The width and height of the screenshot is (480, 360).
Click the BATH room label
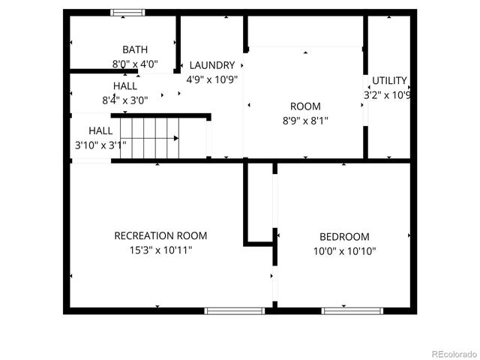coord(135,49)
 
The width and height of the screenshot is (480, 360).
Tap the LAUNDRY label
coord(211,65)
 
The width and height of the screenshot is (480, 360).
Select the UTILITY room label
coord(389,80)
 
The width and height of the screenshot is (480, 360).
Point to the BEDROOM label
coord(343,236)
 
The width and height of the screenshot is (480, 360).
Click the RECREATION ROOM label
coord(160,235)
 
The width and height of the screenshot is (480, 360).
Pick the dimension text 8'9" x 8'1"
coord(305,120)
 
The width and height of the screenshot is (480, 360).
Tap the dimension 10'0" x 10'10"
coord(343,251)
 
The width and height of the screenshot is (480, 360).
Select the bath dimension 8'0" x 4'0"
coord(135,64)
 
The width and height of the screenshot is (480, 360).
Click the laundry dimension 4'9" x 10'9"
coord(211,79)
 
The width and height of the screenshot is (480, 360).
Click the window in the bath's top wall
coord(127,12)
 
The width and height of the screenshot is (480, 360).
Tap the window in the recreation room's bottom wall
coord(235,310)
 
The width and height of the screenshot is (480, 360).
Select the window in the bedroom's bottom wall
coord(352,310)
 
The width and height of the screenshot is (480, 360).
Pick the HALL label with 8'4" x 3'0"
coord(125,85)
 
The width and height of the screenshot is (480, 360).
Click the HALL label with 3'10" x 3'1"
coord(100,130)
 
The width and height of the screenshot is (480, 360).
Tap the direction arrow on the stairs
coord(177,138)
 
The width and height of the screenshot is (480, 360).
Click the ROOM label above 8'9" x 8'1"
coord(305,106)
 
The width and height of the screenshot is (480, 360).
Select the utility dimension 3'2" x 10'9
coord(388,95)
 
